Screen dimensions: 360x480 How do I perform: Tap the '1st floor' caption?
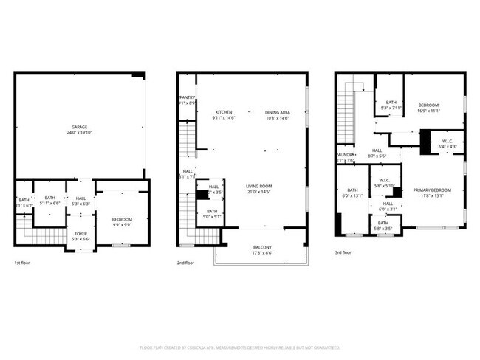[x=23, y=263]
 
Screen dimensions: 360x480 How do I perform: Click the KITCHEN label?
[x=223, y=112]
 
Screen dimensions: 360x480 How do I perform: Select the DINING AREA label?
[x=277, y=112]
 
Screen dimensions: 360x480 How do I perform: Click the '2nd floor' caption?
[x=185, y=263]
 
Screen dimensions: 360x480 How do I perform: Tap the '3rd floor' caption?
[x=343, y=252]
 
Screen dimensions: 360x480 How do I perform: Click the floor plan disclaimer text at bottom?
[x=239, y=347]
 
